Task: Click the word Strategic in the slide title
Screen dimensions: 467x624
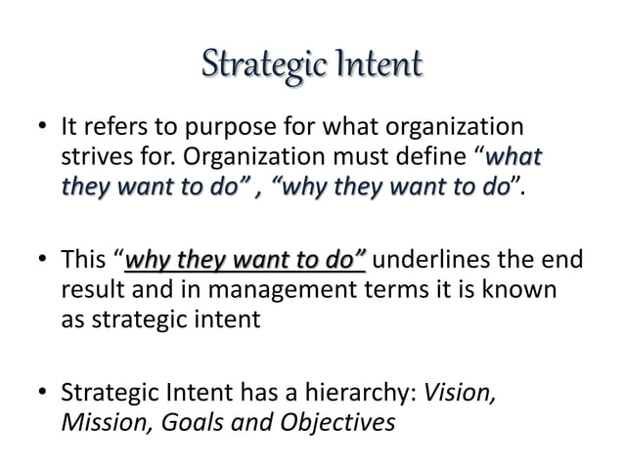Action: pyautogui.click(x=253, y=68)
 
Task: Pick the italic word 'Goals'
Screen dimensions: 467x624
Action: pyautogui.click(x=184, y=425)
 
